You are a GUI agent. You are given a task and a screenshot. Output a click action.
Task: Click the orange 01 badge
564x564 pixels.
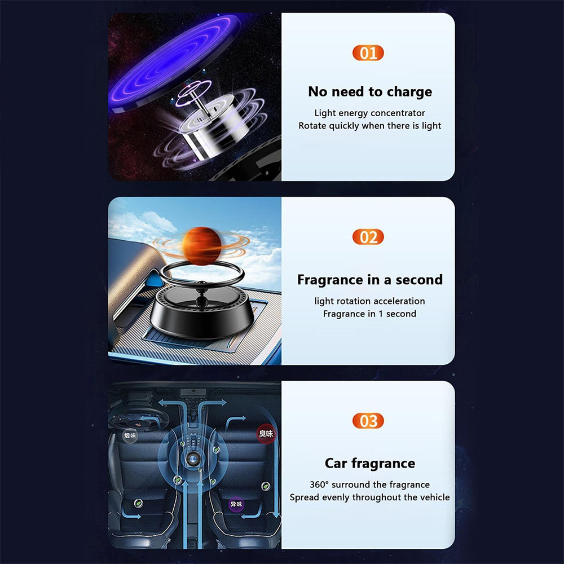tap(368, 53)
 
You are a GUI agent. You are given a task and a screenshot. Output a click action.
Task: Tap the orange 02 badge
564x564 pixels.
tap(368, 237)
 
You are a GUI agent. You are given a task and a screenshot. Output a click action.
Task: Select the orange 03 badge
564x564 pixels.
tap(368, 421)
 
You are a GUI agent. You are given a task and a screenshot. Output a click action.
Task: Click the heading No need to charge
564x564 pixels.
tap(370, 92)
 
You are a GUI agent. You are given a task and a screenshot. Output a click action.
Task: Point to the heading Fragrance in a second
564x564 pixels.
tap(370, 280)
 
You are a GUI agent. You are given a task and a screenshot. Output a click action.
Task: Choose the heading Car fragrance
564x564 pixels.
tap(370, 464)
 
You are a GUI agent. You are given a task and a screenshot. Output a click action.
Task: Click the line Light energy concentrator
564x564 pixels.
tap(370, 113)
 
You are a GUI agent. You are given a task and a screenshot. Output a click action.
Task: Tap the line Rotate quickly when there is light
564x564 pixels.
tap(370, 126)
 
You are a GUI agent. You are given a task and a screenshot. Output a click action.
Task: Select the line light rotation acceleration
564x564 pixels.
tap(370, 301)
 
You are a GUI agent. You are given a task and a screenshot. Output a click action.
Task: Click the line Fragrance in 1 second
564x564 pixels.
tap(370, 314)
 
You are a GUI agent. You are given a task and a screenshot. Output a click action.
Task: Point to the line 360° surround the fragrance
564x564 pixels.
tap(370, 485)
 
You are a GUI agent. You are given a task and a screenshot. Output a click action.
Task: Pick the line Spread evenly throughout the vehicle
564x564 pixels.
tap(370, 497)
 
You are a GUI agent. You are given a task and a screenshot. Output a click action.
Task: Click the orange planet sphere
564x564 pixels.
tap(202, 245)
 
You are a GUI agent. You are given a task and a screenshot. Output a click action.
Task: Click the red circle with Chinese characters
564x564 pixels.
tap(266, 434)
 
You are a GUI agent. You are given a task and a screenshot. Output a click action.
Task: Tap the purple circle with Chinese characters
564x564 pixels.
tap(236, 504)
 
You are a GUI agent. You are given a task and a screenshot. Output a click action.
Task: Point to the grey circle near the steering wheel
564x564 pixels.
tap(130, 436)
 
